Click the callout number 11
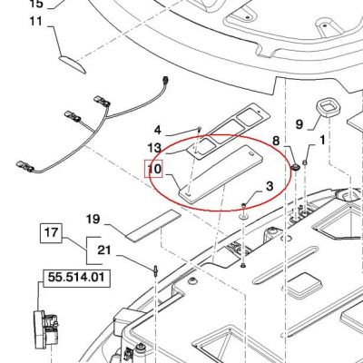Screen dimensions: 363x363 point(36,22)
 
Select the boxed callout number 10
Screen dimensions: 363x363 point(154,169)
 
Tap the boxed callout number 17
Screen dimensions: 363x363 point(51,232)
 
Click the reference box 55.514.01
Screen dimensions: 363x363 point(76,278)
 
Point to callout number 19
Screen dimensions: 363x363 point(93,219)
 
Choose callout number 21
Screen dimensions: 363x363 point(104,250)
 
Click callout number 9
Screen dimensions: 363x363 point(299,124)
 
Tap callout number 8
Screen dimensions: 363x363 point(276,141)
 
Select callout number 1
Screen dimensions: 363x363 point(322,140)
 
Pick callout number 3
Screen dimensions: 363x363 point(270,185)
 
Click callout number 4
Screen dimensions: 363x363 point(158,131)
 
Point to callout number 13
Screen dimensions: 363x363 point(154,149)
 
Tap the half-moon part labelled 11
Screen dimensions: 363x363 point(73,64)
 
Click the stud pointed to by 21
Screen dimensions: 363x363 point(155,270)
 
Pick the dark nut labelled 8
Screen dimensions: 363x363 point(295,167)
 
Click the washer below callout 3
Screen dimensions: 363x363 point(244,216)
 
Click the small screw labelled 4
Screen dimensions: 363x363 point(200,130)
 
